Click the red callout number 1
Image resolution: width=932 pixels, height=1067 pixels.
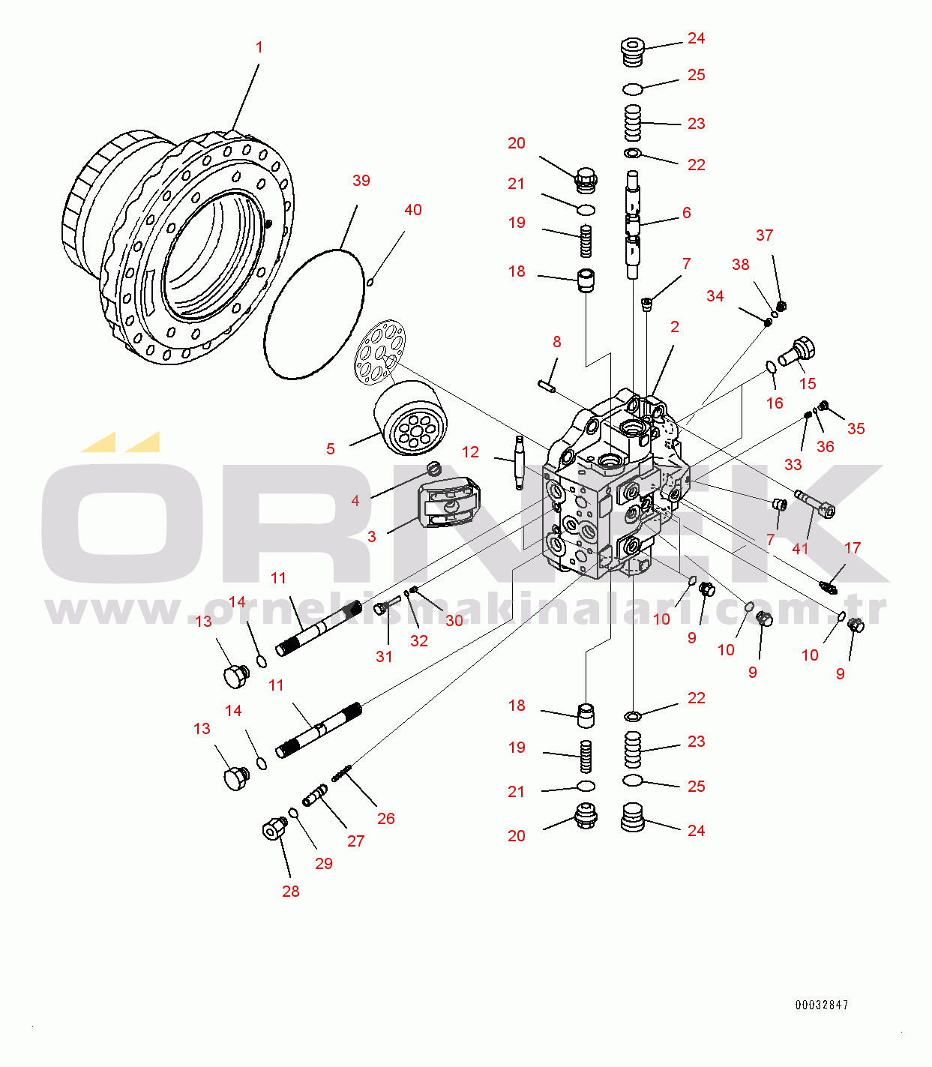tap(259, 47)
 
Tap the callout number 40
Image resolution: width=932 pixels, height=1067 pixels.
tap(412, 210)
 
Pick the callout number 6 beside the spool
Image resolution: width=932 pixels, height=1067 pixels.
tap(686, 213)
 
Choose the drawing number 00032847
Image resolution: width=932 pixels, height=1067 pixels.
tap(822, 1005)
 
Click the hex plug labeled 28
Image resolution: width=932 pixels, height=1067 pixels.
tap(275, 829)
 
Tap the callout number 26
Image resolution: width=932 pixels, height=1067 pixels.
tap(385, 818)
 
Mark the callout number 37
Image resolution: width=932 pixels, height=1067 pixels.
tap(764, 235)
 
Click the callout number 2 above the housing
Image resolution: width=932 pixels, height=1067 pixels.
tap(675, 327)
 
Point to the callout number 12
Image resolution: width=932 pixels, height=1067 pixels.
tap(470, 452)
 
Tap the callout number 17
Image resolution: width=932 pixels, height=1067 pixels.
tap(853, 548)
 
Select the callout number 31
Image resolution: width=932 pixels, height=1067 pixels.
tap(384, 657)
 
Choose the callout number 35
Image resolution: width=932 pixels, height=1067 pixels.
tap(856, 429)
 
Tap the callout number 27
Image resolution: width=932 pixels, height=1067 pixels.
tap(355, 841)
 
